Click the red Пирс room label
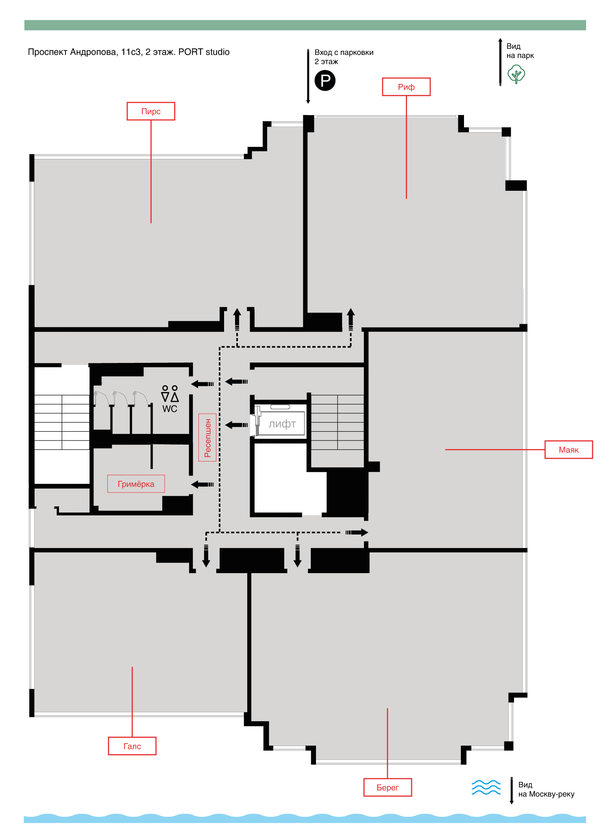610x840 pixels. click(x=151, y=111)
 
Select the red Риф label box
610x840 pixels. click(x=406, y=87)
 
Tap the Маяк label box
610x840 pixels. click(x=569, y=449)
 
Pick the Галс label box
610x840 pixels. click(x=132, y=746)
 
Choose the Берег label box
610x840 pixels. click(x=388, y=788)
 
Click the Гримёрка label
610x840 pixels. click(x=136, y=484)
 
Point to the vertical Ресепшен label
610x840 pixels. click(x=207, y=437)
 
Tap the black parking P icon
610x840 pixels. click(x=325, y=80)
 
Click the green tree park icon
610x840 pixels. click(x=516, y=74)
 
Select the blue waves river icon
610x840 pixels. click(x=486, y=787)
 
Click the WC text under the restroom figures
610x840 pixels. click(x=170, y=409)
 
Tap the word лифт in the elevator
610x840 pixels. click(x=282, y=424)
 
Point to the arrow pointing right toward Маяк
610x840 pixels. click(x=357, y=532)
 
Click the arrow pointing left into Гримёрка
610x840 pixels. click(x=203, y=484)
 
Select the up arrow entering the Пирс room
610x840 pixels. click(x=237, y=319)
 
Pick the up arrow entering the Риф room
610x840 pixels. click(x=351, y=319)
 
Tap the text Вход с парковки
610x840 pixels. click(x=344, y=52)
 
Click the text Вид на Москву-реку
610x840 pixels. click(x=546, y=789)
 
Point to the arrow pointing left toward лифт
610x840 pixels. click(x=236, y=425)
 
